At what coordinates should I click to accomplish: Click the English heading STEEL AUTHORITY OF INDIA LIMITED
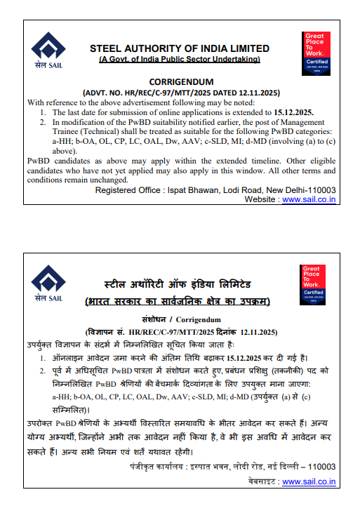[x=180, y=48]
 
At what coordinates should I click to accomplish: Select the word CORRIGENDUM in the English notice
[x=180, y=81]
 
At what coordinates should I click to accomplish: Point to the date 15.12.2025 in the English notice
[x=290, y=112]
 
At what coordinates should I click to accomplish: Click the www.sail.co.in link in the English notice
[x=309, y=199]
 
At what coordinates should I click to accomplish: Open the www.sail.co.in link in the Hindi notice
[x=309, y=482]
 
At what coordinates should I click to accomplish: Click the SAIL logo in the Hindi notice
[x=48, y=284]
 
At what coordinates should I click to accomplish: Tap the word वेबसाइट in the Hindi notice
[x=262, y=482]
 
